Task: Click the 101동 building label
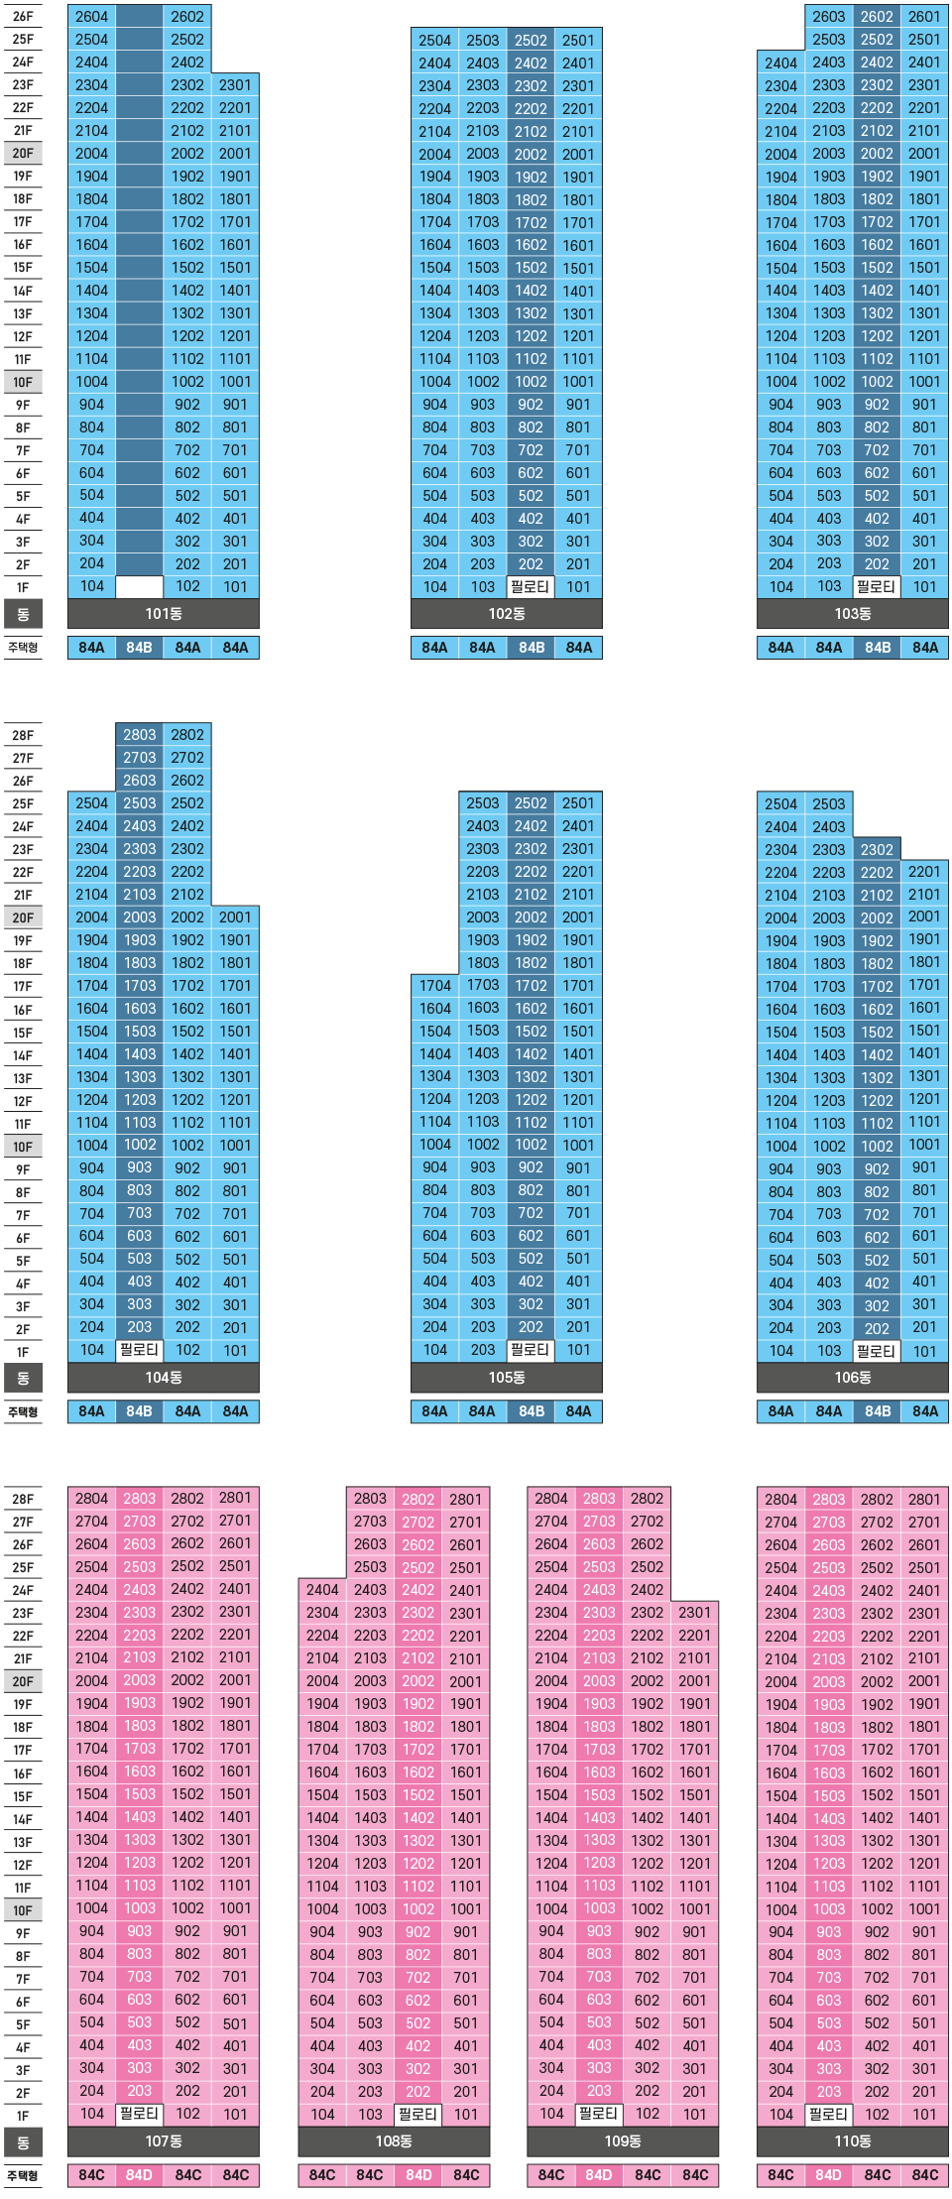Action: pos(164,614)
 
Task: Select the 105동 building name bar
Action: pos(507,1378)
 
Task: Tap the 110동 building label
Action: pos(852,2141)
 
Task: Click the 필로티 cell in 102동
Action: pos(531,587)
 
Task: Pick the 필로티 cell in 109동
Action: pos(599,2114)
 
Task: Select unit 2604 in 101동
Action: pos(91,17)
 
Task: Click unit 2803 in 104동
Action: pos(140,735)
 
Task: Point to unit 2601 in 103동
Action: pos(924,17)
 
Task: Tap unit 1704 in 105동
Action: pos(435,986)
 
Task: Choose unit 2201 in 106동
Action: pos(924,872)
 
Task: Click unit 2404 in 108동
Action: pos(322,1590)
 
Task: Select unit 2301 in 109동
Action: pos(695,1613)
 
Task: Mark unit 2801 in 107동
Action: pos(235,1499)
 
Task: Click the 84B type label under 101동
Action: pos(140,648)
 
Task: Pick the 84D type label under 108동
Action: pos(418,2175)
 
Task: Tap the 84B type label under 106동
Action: pos(877,1411)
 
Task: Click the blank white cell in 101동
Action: pos(140,587)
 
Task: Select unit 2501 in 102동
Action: pos(578,41)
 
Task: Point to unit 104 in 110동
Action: pos(781,2114)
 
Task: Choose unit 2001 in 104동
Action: pos(235,917)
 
